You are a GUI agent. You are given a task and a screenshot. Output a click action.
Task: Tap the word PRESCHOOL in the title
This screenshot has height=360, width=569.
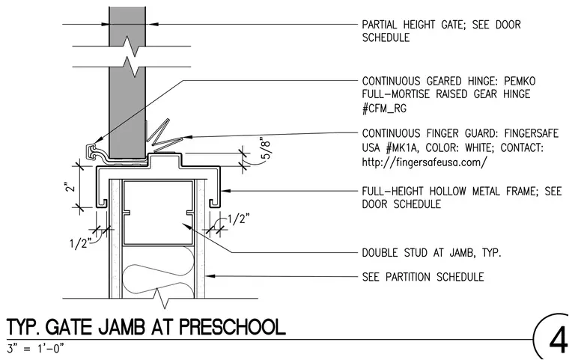tap(232, 327)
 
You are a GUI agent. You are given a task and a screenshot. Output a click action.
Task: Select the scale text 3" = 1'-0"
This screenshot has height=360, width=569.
tap(36, 349)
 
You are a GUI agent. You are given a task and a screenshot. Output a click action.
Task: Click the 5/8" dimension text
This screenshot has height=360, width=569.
tap(267, 150)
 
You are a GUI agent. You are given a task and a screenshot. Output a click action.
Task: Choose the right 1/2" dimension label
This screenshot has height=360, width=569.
tap(239, 219)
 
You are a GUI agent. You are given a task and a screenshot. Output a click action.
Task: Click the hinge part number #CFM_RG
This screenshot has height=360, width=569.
tap(384, 108)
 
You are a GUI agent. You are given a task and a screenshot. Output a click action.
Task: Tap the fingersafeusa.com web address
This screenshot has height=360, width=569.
tap(425, 162)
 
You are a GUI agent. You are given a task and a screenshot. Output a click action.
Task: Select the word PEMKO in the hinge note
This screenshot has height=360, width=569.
tap(520, 81)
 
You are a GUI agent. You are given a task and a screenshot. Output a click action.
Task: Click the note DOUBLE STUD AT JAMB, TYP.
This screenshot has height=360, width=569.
tap(431, 252)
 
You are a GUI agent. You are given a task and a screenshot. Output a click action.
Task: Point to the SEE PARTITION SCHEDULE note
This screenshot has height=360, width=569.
tap(423, 277)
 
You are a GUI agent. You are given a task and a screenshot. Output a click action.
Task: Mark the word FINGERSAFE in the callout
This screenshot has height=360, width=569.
tap(532, 133)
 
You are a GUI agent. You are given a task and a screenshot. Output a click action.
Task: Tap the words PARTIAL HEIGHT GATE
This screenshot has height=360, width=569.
tap(410, 25)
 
